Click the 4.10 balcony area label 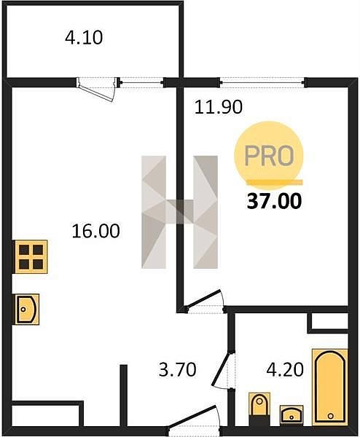[84, 38]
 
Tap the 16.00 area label [96, 231]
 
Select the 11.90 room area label [219, 107]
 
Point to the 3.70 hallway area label [178, 369]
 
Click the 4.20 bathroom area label [285, 369]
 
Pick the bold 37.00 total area [275, 201]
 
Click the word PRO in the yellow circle [269, 156]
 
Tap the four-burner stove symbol [31, 256]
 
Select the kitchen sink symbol [27, 310]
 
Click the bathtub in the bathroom [330, 387]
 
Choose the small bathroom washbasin [291, 415]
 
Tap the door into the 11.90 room [204, 299]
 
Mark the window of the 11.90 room [262, 82]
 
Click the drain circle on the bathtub [331, 416]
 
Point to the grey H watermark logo [179, 212]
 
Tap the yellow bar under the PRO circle [275, 182]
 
